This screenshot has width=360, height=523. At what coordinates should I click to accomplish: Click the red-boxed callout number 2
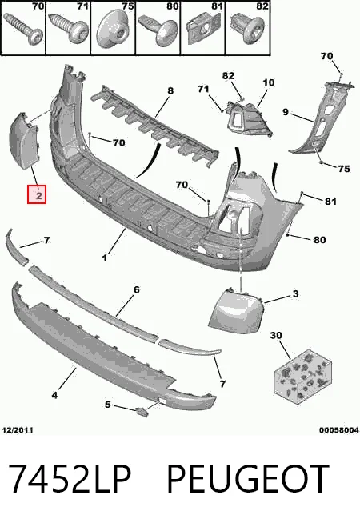pyautogui.click(x=37, y=194)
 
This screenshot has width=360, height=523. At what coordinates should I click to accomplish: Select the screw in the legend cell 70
pyautogui.click(x=24, y=29)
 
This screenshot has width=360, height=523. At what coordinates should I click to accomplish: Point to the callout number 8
pyautogui.click(x=170, y=90)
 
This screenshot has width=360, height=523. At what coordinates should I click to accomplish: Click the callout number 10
pyautogui.click(x=269, y=82)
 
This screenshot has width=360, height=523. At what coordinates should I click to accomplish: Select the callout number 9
pyautogui.click(x=286, y=111)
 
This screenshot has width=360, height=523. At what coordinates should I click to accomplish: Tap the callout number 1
pyautogui.click(x=105, y=258)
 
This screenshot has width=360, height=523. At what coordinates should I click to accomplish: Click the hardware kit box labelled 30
pyautogui.click(x=302, y=374)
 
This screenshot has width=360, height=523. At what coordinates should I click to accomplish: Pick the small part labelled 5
pyautogui.click(x=142, y=412)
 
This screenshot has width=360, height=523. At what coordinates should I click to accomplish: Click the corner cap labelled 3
pyautogui.click(x=235, y=310)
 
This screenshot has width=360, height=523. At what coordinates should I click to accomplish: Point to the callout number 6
pyautogui.click(x=137, y=289)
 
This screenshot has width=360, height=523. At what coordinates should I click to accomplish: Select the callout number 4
pyautogui.click(x=54, y=395)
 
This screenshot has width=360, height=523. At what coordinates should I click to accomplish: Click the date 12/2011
pyautogui.click(x=18, y=430)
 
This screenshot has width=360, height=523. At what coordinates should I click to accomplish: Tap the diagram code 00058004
pyautogui.click(x=339, y=430)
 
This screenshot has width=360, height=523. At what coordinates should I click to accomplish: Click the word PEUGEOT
pyautogui.click(x=248, y=478)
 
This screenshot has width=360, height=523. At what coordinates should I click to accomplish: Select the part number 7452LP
pyautogui.click(x=70, y=478)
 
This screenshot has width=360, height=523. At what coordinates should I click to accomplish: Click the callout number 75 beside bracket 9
pyautogui.click(x=344, y=169)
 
